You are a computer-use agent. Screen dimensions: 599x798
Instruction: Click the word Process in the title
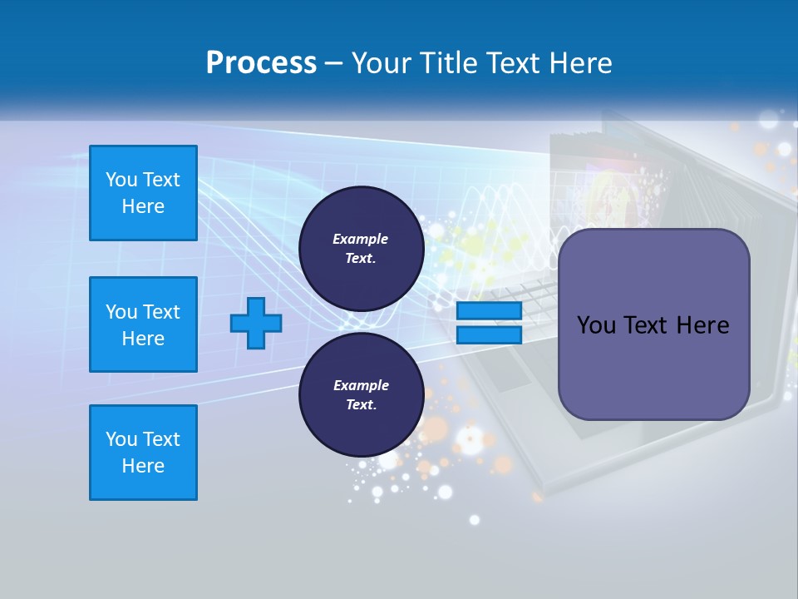[261, 63]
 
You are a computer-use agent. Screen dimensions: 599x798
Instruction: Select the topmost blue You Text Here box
[143, 193]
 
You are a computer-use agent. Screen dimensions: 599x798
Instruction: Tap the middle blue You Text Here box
[143, 324]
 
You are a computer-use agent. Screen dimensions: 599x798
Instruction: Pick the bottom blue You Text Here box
[143, 453]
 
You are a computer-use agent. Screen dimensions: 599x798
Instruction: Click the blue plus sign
[256, 323]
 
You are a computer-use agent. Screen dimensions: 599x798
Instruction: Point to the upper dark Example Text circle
[361, 248]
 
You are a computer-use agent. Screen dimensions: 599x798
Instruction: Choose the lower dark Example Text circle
[361, 394]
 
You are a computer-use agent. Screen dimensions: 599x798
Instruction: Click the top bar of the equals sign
[489, 310]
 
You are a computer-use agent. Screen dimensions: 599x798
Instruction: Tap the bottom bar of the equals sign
[489, 334]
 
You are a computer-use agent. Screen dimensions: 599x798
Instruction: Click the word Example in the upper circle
[361, 239]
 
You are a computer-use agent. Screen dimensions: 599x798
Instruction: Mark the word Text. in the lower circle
[361, 404]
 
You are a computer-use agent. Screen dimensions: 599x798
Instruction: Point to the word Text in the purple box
[646, 325]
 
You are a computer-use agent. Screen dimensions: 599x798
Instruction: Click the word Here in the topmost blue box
[143, 206]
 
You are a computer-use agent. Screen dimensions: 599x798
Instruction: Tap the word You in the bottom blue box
[121, 439]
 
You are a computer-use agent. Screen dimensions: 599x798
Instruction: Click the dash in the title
[333, 63]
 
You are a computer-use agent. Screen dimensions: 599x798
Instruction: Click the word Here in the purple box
[702, 325]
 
